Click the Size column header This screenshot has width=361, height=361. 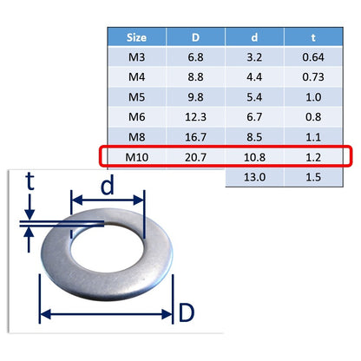coord(136,37)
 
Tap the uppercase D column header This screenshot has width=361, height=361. coord(195,37)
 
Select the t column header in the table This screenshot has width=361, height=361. coord(313,37)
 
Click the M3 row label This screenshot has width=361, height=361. coord(136,57)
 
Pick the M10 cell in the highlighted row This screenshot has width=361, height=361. coord(136,157)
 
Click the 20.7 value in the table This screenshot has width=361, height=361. coord(195,157)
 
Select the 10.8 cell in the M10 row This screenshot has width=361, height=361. coord(254,157)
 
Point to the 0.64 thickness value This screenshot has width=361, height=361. coord(313,57)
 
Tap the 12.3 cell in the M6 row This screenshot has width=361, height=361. coord(195,117)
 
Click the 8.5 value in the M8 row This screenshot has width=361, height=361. coord(254,137)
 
